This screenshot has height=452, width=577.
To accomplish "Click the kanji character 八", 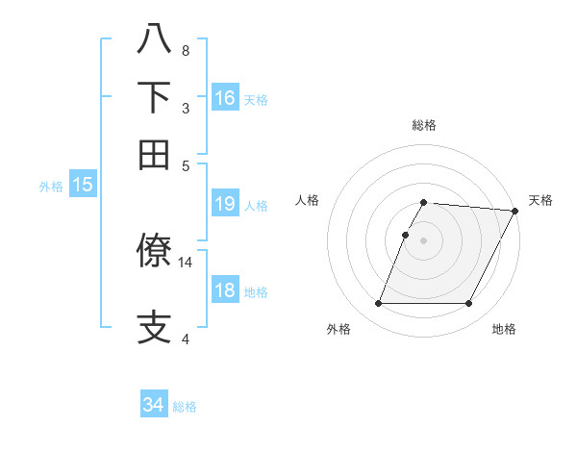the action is point(155,39).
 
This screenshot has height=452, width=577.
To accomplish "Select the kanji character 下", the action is point(155,97).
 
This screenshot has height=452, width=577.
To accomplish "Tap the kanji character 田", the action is point(155,154).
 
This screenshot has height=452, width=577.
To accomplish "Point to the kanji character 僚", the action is point(155,251).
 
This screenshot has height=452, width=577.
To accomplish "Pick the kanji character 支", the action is point(155,327).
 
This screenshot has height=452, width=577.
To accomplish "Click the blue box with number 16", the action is point(225,98).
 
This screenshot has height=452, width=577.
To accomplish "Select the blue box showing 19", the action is point(225,204).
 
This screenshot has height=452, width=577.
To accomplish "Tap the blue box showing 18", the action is point(225,291).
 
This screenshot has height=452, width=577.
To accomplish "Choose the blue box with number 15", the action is point(83,186).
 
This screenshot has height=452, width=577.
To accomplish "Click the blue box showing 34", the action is point(154,406).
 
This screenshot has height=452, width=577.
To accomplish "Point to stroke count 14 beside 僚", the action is point(186,262).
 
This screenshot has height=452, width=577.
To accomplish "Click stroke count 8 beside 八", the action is point(186,50).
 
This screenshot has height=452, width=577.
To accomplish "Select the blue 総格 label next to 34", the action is point(185,407).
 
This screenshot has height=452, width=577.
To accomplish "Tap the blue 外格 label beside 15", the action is point(51,187).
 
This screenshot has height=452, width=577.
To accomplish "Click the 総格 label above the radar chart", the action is point(423,125).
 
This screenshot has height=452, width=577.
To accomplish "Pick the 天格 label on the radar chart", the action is point(540,200).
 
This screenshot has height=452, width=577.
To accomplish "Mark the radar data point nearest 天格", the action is point(514,211).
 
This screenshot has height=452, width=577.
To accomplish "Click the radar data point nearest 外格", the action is point(378,304).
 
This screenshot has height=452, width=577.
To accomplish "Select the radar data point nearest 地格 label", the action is point(469,304).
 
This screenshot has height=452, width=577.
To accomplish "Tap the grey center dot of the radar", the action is point(423,240).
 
